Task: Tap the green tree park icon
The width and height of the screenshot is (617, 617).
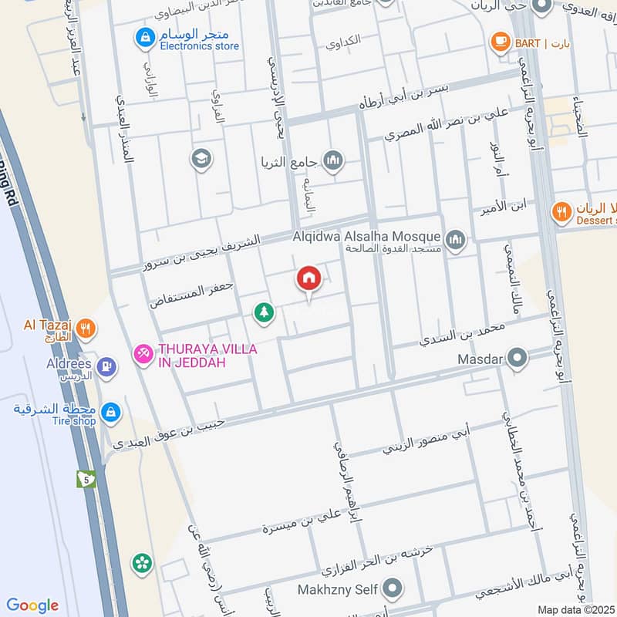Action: (x=264, y=312)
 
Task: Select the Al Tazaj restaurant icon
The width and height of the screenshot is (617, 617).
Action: (x=86, y=327)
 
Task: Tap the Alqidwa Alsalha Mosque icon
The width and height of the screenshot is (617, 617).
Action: (x=457, y=241)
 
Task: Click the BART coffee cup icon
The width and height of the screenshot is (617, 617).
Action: (x=500, y=42)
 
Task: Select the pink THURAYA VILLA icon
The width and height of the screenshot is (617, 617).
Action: (x=143, y=353)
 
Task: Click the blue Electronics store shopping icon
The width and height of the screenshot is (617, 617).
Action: (x=144, y=35)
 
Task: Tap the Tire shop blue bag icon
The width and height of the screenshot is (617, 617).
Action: (x=110, y=412)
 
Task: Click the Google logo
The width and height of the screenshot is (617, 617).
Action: (x=32, y=605)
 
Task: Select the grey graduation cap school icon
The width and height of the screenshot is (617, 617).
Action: (x=201, y=159)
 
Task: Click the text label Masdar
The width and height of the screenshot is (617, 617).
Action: (x=480, y=359)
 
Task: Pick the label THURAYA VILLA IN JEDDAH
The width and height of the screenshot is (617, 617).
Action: (x=207, y=356)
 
